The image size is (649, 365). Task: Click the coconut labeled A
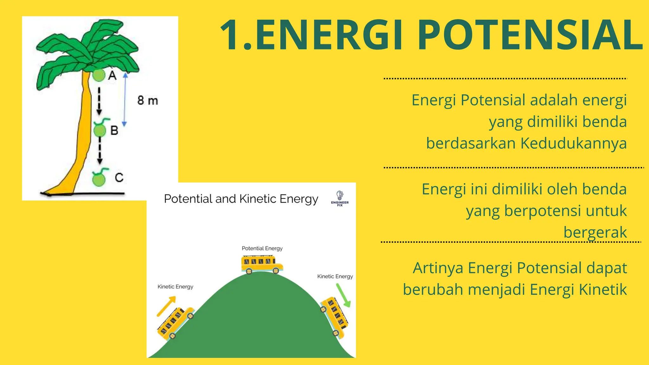(99, 75)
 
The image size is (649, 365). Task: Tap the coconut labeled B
(100, 130)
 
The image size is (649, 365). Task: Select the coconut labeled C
(99, 180)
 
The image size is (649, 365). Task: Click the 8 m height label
(147, 101)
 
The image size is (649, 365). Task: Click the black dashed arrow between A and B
(99, 101)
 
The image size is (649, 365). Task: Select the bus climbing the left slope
(175, 323)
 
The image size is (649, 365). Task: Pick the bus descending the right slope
(334, 317)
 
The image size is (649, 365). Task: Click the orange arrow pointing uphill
(166, 306)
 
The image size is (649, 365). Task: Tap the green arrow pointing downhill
(343, 295)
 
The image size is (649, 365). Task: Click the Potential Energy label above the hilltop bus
(262, 248)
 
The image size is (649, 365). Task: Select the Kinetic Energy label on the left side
(175, 287)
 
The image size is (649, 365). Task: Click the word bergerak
(595, 232)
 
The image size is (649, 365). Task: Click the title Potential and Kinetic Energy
(241, 199)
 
